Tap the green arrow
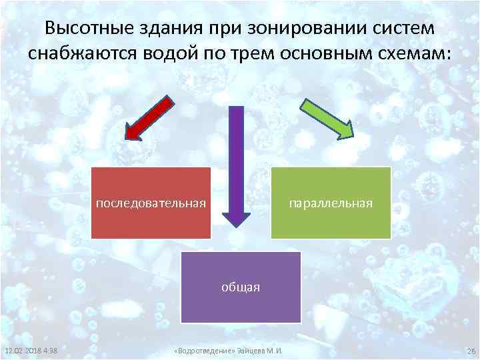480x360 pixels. pos(329,119)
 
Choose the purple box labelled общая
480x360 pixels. pos(241,287)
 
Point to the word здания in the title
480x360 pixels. pos(172,29)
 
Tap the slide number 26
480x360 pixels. pos(470,351)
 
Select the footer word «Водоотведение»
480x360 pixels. pos(201,351)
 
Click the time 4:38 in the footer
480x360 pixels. pos(49,351)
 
